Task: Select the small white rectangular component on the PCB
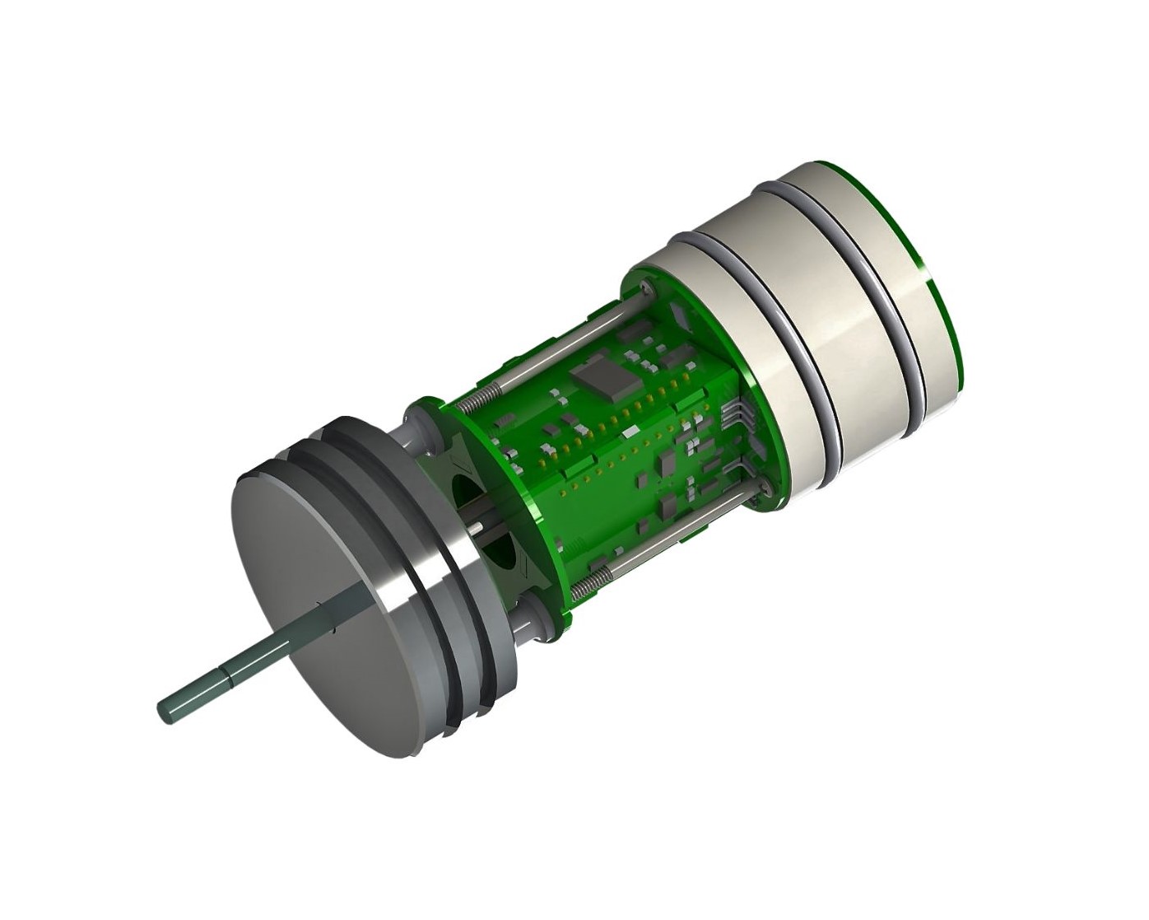pos(630,432)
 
